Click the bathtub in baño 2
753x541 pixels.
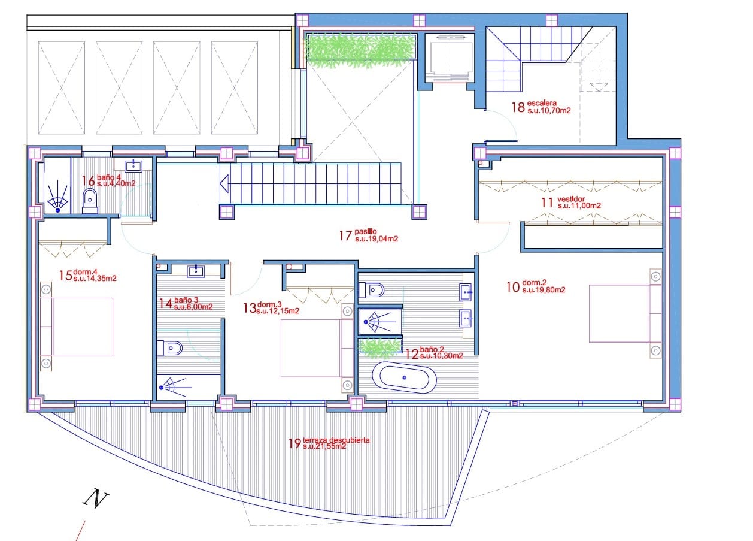(x=405, y=377)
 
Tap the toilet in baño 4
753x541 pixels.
(x=90, y=201)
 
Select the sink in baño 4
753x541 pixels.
(x=134, y=166)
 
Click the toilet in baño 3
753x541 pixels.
(x=170, y=348)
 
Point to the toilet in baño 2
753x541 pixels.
(x=372, y=290)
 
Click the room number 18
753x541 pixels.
(x=518, y=107)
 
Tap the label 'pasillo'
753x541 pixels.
(x=365, y=232)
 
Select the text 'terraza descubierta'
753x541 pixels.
(x=336, y=440)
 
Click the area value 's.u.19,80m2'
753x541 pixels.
(x=544, y=290)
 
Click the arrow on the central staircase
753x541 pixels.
(x=224, y=184)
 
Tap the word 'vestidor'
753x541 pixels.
(x=571, y=199)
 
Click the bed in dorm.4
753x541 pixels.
(x=77, y=327)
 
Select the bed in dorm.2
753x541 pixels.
(x=625, y=313)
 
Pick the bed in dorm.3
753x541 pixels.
(x=317, y=348)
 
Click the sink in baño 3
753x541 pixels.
(x=196, y=271)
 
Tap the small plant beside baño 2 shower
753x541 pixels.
(x=380, y=348)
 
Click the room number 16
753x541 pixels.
(x=89, y=181)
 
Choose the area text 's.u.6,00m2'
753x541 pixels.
(x=193, y=307)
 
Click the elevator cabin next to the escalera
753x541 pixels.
(x=450, y=58)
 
